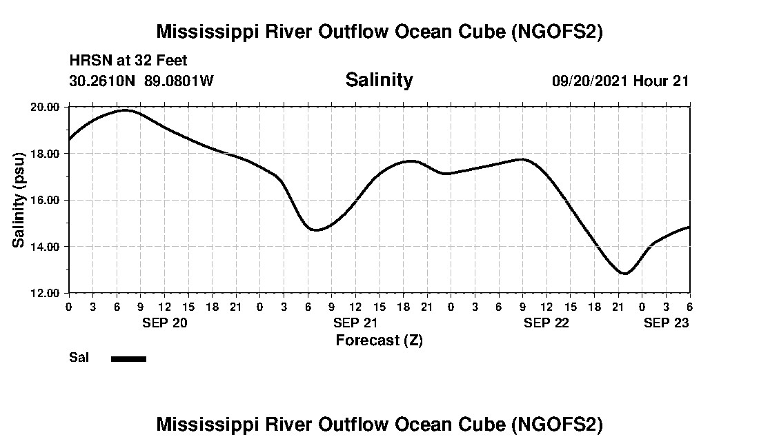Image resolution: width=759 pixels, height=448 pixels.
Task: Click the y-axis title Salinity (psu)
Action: tap(19, 200)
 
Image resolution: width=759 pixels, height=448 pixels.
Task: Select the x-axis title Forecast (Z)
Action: tap(379, 340)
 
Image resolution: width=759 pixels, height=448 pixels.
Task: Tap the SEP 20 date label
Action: tap(165, 323)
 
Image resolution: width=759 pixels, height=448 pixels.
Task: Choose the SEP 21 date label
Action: tap(355, 323)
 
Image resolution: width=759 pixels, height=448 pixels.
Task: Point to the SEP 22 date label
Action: tap(546, 323)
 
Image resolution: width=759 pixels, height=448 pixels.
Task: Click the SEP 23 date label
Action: tap(666, 323)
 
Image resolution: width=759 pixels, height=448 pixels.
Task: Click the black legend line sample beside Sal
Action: tap(128, 358)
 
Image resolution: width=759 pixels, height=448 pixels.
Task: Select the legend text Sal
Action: tap(79, 358)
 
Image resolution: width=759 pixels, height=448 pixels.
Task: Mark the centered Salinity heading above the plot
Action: tap(379, 80)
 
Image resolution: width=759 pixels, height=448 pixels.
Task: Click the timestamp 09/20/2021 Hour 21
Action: tap(620, 81)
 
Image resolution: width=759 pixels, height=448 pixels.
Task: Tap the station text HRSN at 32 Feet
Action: tap(128, 61)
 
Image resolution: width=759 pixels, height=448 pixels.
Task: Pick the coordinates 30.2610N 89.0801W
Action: tap(141, 81)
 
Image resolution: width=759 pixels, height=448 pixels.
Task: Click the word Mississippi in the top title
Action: tap(207, 32)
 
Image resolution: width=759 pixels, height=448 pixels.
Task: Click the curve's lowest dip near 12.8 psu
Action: tap(624, 274)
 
